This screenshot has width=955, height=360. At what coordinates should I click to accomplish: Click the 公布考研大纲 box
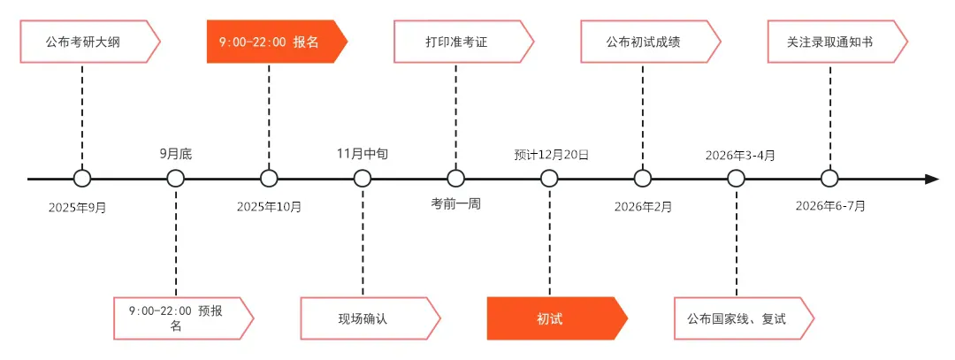click(x=88, y=42)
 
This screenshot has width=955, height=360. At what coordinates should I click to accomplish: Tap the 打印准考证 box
click(x=462, y=42)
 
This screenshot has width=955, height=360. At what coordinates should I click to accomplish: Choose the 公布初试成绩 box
click(x=648, y=42)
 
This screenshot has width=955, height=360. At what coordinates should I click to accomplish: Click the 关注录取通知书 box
click(x=835, y=42)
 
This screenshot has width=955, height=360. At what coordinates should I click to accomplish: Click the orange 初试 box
click(x=554, y=318)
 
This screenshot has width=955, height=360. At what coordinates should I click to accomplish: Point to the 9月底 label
click(x=176, y=154)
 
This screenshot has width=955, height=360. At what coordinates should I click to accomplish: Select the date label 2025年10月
click(x=269, y=207)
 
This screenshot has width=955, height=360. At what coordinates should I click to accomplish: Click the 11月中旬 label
click(x=363, y=154)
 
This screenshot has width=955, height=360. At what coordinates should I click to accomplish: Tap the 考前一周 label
click(x=456, y=203)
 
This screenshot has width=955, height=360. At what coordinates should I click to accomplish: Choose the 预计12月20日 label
click(x=551, y=154)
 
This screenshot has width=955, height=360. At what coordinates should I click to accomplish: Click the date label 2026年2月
click(x=643, y=207)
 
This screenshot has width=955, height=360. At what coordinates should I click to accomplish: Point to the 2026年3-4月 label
click(x=740, y=154)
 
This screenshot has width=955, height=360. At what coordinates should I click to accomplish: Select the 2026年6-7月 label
click(x=830, y=207)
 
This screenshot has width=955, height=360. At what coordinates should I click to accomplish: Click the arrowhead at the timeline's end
click(x=931, y=179)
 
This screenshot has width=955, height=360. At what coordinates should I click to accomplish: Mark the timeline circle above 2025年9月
click(x=82, y=179)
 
